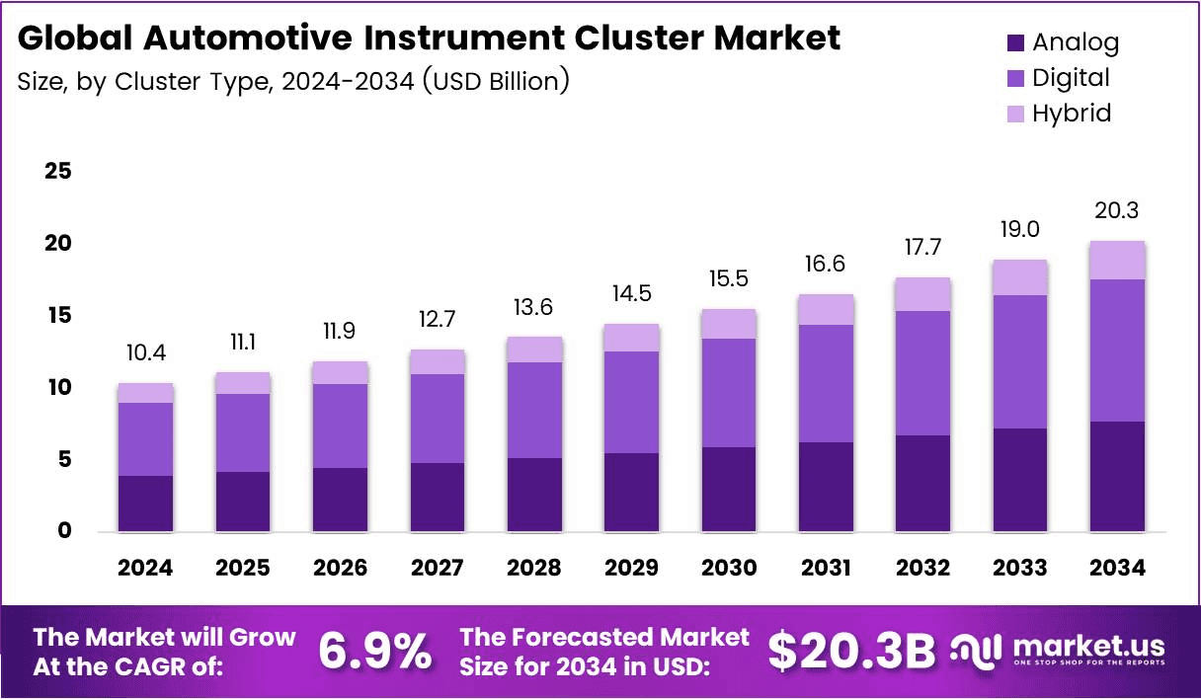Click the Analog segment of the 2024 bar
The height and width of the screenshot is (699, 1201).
coord(145,504)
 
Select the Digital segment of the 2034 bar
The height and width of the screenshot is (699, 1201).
coord(1118,350)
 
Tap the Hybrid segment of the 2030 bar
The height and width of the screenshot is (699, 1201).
coord(729,324)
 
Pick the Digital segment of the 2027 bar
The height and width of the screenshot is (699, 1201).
coord(438,419)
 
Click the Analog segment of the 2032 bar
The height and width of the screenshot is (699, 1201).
coord(923,483)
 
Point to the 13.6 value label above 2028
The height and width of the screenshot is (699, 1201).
coord(534,307)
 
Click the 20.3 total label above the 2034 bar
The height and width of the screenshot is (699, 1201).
coord(1118,211)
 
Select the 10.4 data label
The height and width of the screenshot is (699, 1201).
coord(145,353)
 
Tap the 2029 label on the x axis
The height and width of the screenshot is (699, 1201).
coord(631,568)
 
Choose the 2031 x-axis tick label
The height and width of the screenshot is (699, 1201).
coord(826,568)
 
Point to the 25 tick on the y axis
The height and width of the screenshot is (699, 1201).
coord(58,171)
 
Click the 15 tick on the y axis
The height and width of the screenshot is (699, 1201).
coord(58,315)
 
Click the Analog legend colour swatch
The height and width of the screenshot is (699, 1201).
coord(1016,43)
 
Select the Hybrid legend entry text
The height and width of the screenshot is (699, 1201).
coord(1072,114)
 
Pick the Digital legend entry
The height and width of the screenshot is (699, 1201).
coord(1071,78)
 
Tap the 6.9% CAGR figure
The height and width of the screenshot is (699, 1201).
coord(375,652)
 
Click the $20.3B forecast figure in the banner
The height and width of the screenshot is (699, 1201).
coord(851,651)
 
